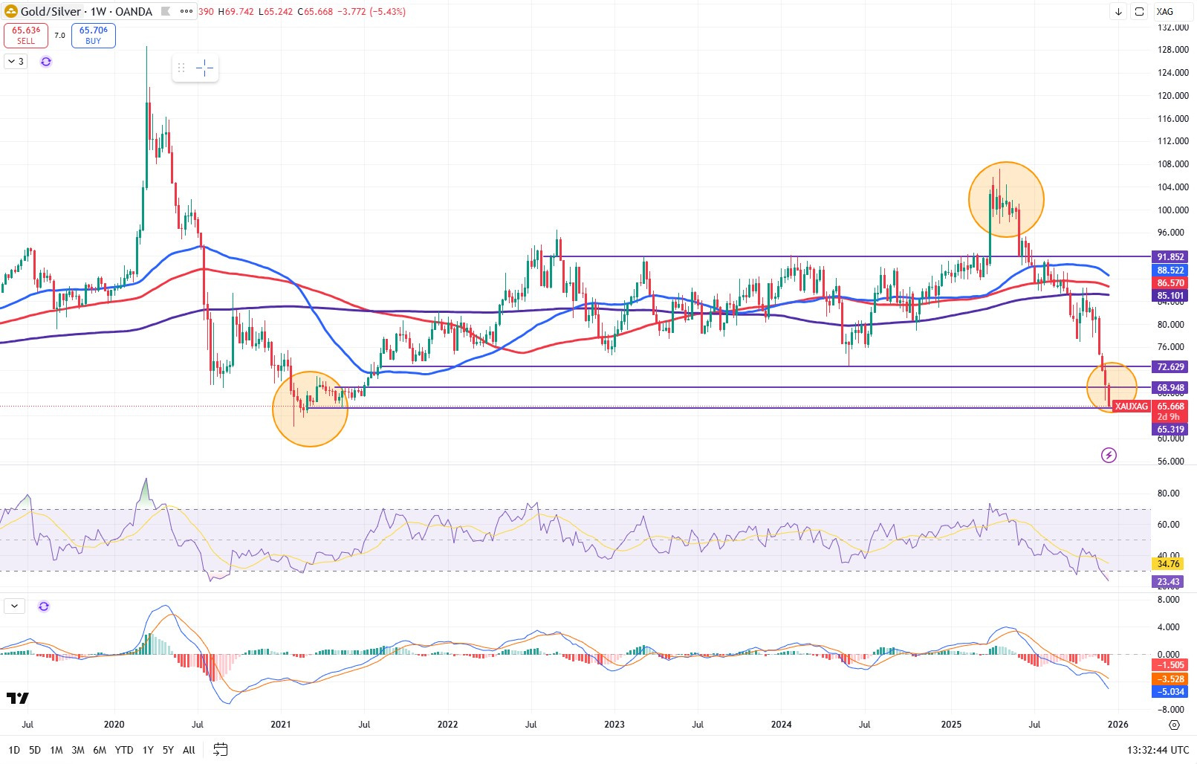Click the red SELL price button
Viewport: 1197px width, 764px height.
[26, 36]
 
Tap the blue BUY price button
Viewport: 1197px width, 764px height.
[94, 36]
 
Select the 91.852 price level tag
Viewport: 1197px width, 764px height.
[1170, 257]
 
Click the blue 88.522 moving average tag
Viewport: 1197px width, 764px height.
[1170, 271]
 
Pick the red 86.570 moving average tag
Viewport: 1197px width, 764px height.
[1170, 283]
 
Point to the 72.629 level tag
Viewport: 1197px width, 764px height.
[1170, 367]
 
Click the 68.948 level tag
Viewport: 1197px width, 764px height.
[1170, 388]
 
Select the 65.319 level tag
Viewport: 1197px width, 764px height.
[1170, 430]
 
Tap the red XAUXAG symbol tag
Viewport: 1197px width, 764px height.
[1132, 407]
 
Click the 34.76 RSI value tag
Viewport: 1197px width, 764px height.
[1168, 564]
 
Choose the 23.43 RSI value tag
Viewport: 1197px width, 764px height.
[1168, 582]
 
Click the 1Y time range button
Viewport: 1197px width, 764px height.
[148, 750]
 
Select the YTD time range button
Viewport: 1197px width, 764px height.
[124, 750]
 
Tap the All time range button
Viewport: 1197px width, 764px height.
[189, 750]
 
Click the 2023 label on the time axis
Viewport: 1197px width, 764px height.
[614, 725]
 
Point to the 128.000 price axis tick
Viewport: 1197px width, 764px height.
[1173, 50]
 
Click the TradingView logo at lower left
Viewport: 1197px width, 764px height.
[18, 698]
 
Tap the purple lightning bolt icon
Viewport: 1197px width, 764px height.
[1109, 455]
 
